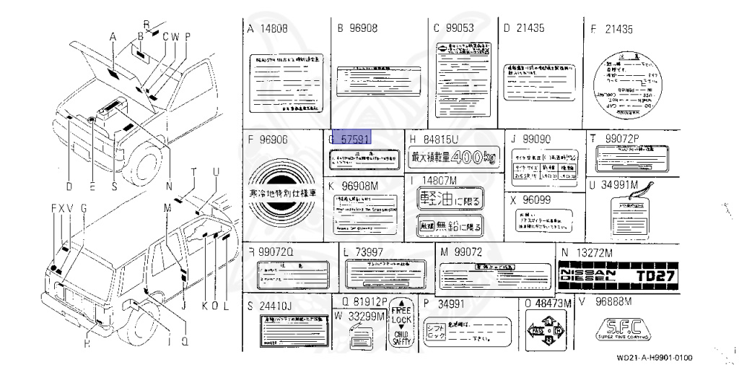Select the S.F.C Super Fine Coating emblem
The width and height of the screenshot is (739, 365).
coord(620,330)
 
